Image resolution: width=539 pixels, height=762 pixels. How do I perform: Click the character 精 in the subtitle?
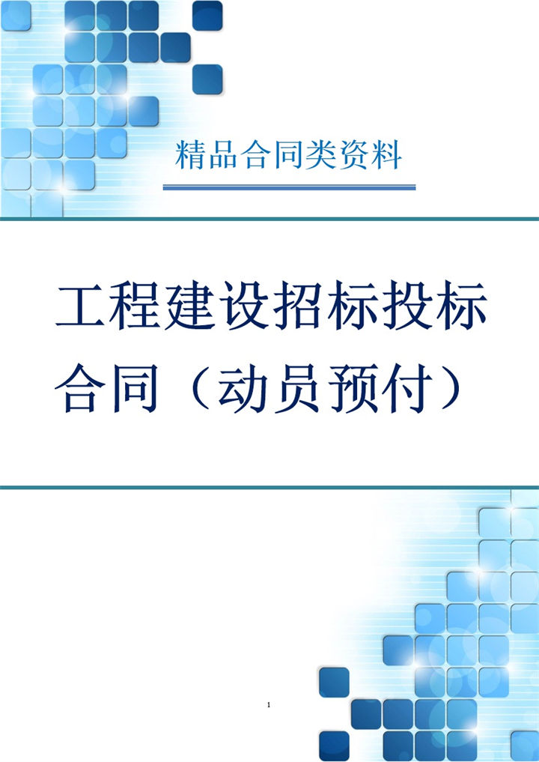pyautogui.click(x=190, y=154)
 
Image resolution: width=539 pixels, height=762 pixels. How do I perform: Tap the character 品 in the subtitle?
pyautogui.click(x=224, y=154)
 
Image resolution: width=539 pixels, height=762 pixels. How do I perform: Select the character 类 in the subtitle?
pyautogui.click(x=322, y=154)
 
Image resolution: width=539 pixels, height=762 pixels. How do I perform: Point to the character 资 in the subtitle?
pyautogui.click(x=354, y=154)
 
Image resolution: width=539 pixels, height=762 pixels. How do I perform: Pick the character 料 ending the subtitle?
pyautogui.click(x=387, y=154)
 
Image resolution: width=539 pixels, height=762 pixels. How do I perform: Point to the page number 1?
pyautogui.click(x=268, y=705)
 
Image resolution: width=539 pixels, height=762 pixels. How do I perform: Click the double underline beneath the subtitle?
pyautogui.click(x=289, y=187)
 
